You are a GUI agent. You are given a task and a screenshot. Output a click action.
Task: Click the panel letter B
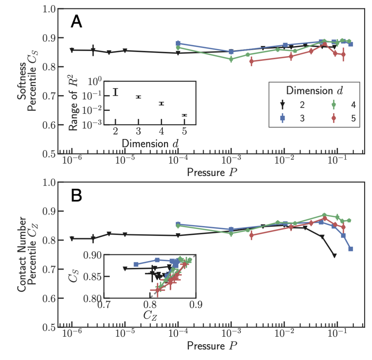(76, 196)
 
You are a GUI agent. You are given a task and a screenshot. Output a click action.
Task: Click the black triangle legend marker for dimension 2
(282, 105)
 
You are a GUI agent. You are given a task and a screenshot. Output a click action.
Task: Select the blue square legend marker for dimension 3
(282, 118)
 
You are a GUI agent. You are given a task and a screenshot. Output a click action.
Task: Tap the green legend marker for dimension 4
(334, 105)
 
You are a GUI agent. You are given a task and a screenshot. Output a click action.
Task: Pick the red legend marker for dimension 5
(334, 118)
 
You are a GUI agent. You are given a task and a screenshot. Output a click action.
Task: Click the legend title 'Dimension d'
(314, 90)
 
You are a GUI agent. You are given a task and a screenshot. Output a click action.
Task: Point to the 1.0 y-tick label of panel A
(49, 9)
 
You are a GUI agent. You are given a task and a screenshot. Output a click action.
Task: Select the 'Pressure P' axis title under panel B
(212, 346)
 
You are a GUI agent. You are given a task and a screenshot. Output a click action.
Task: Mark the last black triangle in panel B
(334, 255)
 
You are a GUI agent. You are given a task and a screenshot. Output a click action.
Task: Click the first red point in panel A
(251, 61)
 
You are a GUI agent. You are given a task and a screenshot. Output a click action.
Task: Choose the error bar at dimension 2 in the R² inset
(115, 92)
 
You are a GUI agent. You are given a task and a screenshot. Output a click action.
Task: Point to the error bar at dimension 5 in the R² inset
(184, 115)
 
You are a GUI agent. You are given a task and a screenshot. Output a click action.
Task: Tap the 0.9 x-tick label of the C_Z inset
(196, 305)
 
